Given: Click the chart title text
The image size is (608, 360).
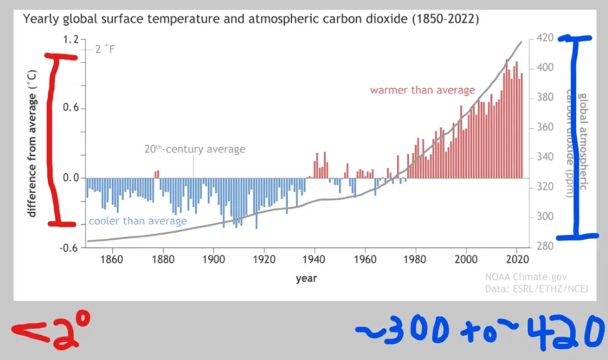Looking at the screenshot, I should [251, 19].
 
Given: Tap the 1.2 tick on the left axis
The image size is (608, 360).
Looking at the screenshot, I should [71, 39].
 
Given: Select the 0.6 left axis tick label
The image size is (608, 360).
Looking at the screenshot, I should [71, 109].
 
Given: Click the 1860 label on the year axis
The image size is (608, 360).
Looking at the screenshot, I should [112, 260].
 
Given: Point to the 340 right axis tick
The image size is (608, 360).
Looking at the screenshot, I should [545, 157].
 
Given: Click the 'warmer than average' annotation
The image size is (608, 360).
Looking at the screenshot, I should [422, 91].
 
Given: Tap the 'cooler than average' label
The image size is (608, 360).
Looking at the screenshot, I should [137, 221].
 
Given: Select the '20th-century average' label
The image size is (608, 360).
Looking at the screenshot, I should [195, 149].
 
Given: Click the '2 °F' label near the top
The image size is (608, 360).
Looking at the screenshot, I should [105, 49].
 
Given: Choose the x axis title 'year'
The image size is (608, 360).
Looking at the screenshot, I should [306, 278].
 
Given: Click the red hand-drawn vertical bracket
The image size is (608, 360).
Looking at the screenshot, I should [55, 140].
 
